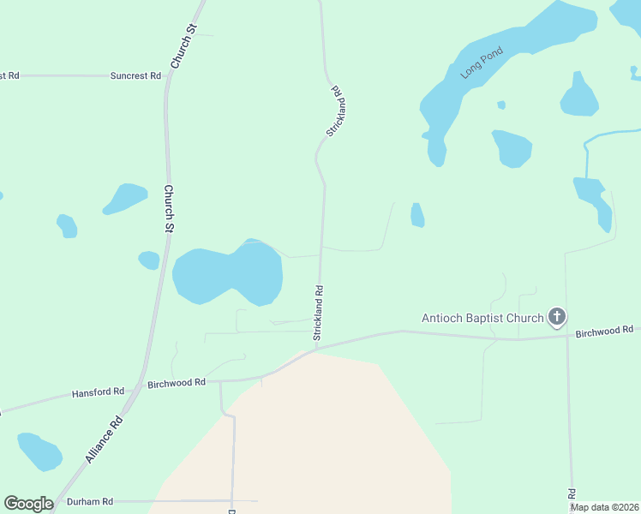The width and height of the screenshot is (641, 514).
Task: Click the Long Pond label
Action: (x=481, y=63)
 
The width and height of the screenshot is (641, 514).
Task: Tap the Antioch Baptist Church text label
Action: (x=482, y=319)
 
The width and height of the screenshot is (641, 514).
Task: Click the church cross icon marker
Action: (x=557, y=318)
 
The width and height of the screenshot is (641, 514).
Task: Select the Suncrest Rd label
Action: (x=135, y=75)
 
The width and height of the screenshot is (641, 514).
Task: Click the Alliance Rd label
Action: (x=105, y=440)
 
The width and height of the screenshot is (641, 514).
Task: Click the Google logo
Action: (x=28, y=504)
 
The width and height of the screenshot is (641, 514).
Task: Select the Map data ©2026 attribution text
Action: (x=604, y=507)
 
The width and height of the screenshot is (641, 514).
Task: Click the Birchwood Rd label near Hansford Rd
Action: (x=177, y=382)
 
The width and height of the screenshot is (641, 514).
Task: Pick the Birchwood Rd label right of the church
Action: (x=604, y=331)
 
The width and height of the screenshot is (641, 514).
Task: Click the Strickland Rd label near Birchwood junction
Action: (x=318, y=313)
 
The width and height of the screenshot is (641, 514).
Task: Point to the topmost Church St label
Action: (x=184, y=45)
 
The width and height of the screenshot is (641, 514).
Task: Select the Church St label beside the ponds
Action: (x=169, y=209)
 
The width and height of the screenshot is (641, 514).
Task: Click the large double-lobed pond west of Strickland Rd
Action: (x=227, y=274)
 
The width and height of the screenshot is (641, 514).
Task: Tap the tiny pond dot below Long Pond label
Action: (x=501, y=105)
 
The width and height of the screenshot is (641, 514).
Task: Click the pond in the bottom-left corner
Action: (x=39, y=451)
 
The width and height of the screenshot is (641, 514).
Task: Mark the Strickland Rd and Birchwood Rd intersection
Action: (x=319, y=346)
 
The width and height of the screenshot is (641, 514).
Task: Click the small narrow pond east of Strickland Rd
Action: (x=417, y=215)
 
